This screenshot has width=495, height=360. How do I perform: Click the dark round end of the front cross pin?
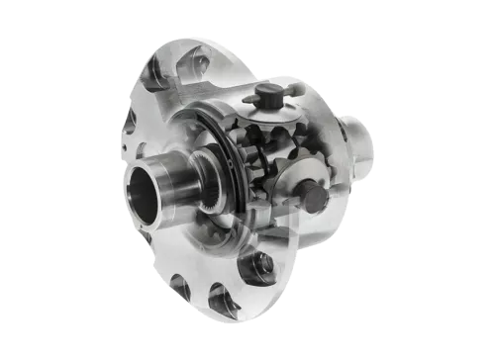point(315,199)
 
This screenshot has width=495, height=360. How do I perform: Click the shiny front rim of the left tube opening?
point(129,188)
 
